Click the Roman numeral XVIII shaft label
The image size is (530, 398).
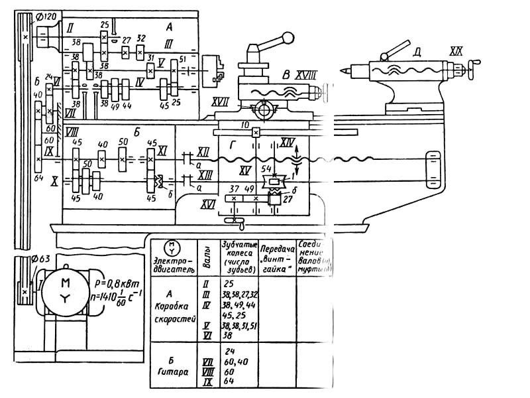click(x=305, y=76)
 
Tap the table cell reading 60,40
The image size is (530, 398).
click(x=236, y=362)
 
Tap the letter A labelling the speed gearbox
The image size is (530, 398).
click(x=170, y=27)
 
